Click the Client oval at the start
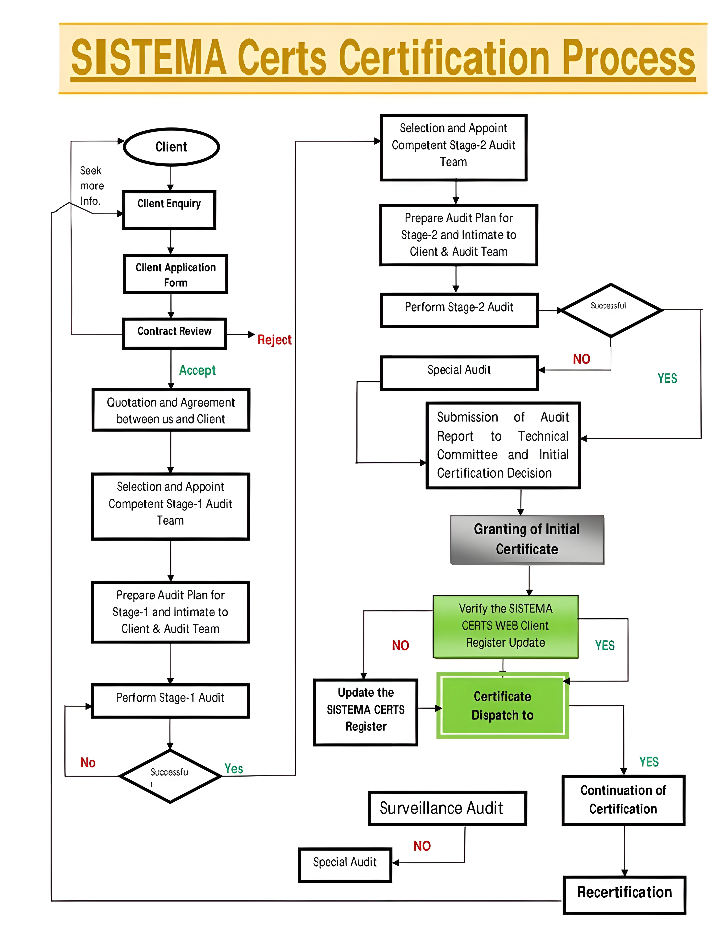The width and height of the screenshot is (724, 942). pyautogui.click(x=171, y=147)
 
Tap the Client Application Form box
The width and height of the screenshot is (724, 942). pyautogui.click(x=175, y=274)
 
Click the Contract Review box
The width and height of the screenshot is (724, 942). pyautogui.click(x=175, y=333)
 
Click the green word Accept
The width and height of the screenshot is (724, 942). pyautogui.click(x=197, y=370)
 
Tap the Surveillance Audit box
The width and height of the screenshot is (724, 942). pyautogui.click(x=447, y=808)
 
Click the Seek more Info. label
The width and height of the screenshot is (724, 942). pyautogui.click(x=91, y=186)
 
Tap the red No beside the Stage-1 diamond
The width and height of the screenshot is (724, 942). pyautogui.click(x=88, y=763)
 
